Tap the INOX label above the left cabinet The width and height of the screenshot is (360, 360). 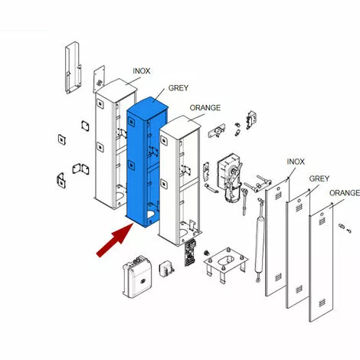point(142,70)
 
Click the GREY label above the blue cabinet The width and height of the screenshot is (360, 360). point(178,88)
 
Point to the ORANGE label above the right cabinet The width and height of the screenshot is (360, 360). point(205,108)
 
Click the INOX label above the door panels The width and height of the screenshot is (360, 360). point(296,162)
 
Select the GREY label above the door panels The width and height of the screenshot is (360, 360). point(319,178)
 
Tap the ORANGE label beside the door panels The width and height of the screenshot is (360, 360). point(345,193)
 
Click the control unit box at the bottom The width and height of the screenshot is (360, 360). point(137,277)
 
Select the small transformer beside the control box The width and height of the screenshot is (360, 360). point(166,269)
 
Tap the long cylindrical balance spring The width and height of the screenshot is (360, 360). point(259,240)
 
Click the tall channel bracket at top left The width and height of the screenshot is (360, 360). point(74,67)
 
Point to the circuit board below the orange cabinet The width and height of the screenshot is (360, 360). point(190,252)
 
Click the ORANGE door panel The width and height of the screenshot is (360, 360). point(322,262)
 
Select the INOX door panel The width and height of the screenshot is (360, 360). point(277,237)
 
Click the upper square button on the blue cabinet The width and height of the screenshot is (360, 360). point(131,121)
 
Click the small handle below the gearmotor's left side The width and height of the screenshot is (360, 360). point(211,188)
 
